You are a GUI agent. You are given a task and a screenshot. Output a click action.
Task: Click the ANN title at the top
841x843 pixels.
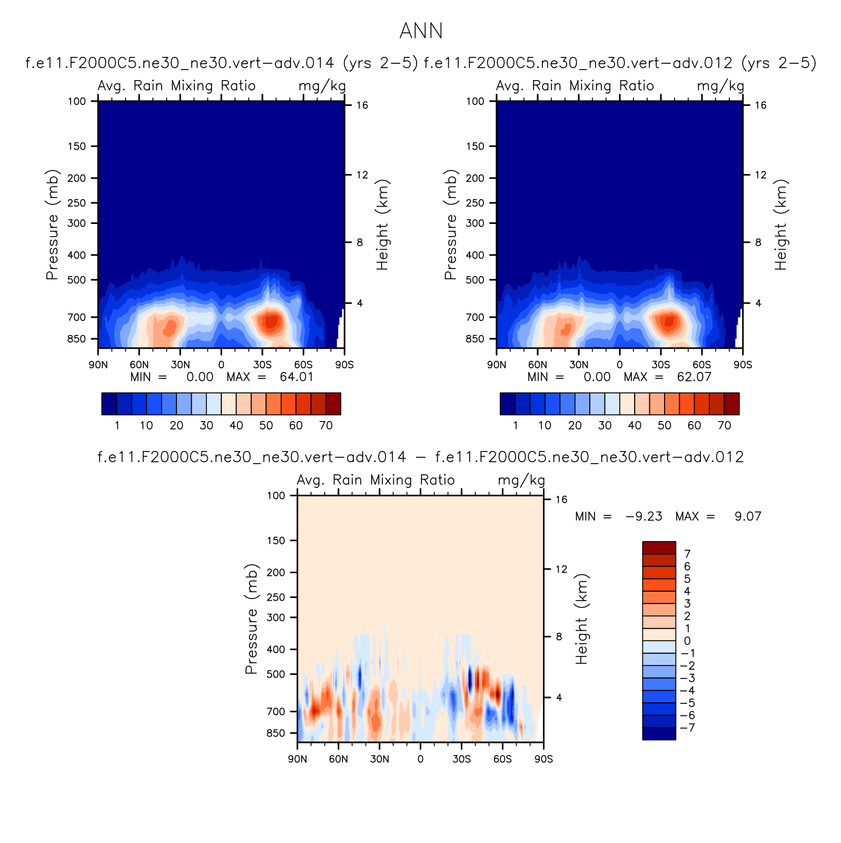421,31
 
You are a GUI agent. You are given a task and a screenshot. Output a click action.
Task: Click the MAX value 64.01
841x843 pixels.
296,377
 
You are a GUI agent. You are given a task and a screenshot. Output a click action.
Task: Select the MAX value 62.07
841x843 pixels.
694,377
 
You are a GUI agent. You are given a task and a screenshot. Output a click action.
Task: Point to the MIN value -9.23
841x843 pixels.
644,516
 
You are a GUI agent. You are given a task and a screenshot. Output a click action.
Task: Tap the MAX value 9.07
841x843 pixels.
748,516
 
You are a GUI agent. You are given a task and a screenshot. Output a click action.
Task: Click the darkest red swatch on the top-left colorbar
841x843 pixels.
333,404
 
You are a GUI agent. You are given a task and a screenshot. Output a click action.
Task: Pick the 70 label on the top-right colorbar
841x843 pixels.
724,426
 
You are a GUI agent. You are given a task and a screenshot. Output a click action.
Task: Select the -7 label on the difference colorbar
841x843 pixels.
688,728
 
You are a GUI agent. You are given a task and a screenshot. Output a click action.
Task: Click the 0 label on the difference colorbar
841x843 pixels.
687,641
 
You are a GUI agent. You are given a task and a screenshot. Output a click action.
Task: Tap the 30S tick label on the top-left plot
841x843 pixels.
262,365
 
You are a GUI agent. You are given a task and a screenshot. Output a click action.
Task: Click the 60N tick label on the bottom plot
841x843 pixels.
338,759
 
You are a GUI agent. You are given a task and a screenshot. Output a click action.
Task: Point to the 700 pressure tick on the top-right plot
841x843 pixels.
474,317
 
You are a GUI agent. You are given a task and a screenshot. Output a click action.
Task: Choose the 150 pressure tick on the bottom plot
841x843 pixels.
276,541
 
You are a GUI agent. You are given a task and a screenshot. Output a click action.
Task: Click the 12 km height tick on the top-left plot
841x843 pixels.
362,174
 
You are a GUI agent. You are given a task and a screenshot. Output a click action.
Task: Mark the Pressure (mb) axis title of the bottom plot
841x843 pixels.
251,619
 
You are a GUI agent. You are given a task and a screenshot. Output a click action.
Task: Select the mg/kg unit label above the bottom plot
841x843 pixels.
521,480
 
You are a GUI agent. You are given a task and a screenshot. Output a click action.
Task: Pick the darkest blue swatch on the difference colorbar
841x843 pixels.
659,733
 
